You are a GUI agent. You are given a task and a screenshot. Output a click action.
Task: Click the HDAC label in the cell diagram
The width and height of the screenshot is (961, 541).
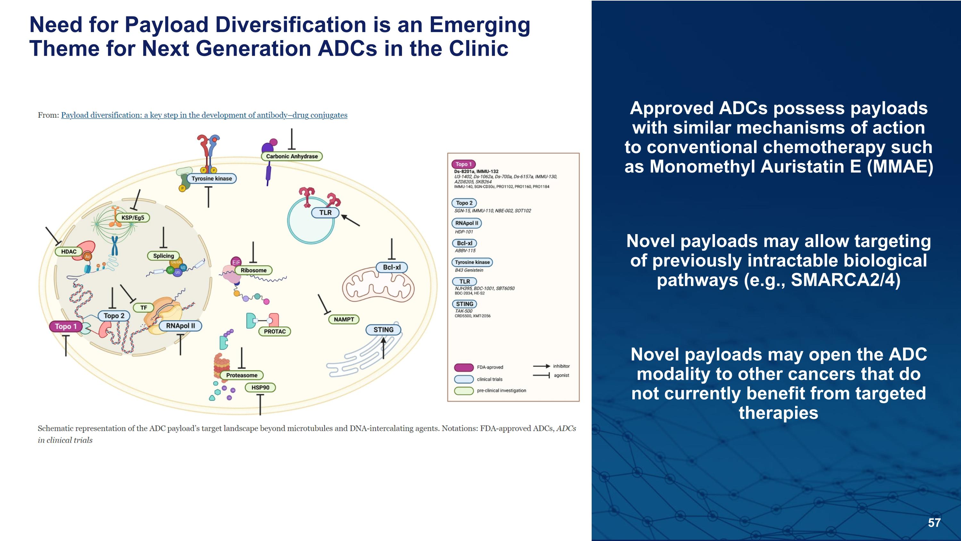pyautogui.click(x=69, y=252)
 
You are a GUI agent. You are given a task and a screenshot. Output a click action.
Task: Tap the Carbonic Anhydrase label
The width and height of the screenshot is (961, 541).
pyautogui.click(x=292, y=156)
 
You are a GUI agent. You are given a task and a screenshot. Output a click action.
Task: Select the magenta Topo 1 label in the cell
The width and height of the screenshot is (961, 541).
pyautogui.click(x=66, y=326)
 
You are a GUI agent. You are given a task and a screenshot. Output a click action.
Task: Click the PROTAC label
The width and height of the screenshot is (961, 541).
pyautogui.click(x=275, y=332)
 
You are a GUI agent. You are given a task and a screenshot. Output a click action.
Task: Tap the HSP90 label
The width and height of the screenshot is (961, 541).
pyautogui.click(x=260, y=387)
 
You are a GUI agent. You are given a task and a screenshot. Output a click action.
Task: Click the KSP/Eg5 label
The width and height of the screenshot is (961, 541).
pyautogui.click(x=132, y=218)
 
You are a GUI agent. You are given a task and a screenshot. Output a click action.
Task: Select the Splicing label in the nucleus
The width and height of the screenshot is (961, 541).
pyautogui.click(x=163, y=256)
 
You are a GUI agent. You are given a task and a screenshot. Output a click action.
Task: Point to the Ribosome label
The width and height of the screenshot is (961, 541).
pyautogui.click(x=253, y=270)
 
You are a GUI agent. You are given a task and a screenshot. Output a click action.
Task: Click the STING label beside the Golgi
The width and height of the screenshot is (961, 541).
pyautogui.click(x=383, y=330)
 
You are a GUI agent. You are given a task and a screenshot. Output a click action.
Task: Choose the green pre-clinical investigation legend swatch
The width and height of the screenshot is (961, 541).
pyautogui.click(x=464, y=391)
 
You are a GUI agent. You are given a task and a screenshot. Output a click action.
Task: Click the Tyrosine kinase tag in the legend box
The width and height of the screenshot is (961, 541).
pyautogui.click(x=472, y=262)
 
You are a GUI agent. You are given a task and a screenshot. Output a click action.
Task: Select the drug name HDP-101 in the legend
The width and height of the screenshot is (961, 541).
pyautogui.click(x=464, y=232)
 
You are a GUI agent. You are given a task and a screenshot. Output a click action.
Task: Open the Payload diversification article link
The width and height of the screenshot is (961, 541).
pyautogui.click(x=204, y=115)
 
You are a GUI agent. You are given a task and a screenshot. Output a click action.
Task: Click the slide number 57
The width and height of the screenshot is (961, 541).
pyautogui.click(x=934, y=523)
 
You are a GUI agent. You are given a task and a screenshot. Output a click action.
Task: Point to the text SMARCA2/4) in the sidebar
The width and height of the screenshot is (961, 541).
pyautogui.click(x=845, y=280)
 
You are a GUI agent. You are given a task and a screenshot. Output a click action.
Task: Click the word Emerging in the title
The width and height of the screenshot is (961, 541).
pyautogui.click(x=480, y=25)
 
